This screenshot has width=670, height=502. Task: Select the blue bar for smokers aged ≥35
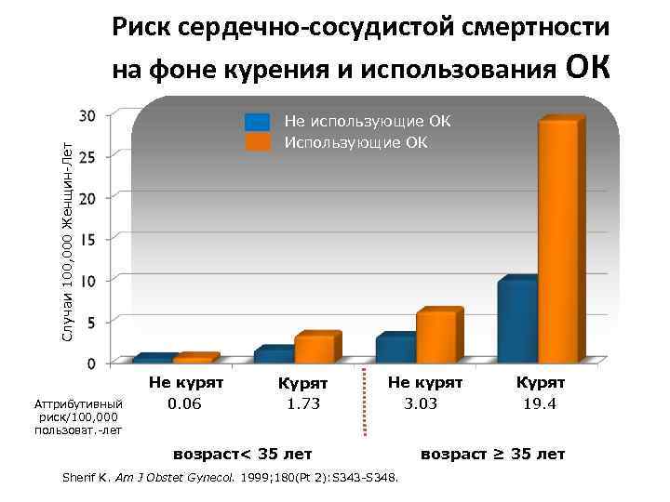click(516, 321)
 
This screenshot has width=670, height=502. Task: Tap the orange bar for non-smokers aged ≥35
click(436, 337)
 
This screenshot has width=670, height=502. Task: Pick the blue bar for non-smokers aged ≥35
click(395, 349)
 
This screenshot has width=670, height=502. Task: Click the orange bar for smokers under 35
click(315, 349)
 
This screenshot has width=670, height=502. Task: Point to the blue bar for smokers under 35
click(275, 354)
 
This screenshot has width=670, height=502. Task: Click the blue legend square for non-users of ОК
click(258, 123)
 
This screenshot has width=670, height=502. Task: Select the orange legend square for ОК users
click(258, 141)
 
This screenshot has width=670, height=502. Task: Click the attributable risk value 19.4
click(540, 403)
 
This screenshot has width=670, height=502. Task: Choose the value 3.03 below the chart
click(421, 403)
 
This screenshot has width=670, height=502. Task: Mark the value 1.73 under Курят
click(303, 403)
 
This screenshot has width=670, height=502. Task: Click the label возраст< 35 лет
click(243, 454)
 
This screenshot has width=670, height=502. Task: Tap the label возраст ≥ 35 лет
click(492, 454)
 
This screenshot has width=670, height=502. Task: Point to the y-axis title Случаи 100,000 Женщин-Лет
click(66, 232)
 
